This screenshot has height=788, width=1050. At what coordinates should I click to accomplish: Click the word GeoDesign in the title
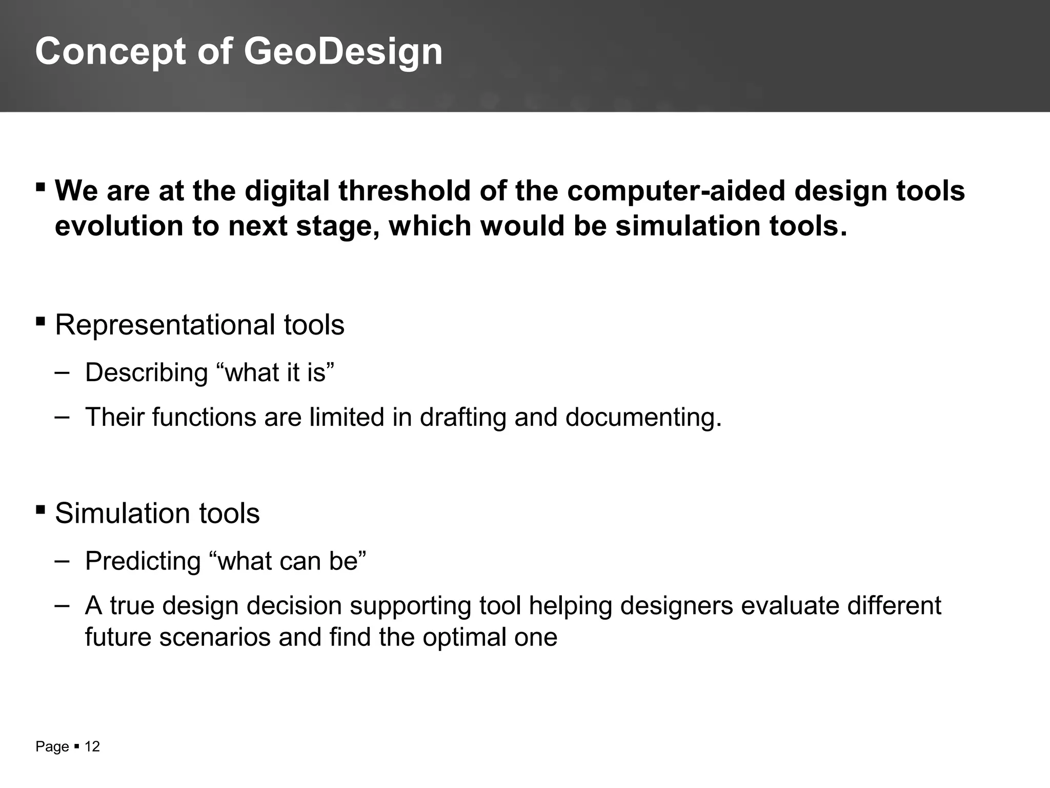tap(342, 52)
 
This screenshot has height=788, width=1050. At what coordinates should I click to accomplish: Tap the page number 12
tap(92, 746)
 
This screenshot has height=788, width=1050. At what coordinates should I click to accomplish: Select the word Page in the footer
tap(52, 747)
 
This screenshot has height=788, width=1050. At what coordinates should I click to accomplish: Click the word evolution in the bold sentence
tap(118, 226)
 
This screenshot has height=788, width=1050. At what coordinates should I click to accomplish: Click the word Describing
tap(146, 372)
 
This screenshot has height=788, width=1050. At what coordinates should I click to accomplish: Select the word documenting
tap(643, 417)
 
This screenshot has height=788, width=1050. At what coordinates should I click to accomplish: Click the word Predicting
tap(143, 561)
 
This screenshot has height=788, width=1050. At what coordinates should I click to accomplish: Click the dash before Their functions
tap(62, 417)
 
